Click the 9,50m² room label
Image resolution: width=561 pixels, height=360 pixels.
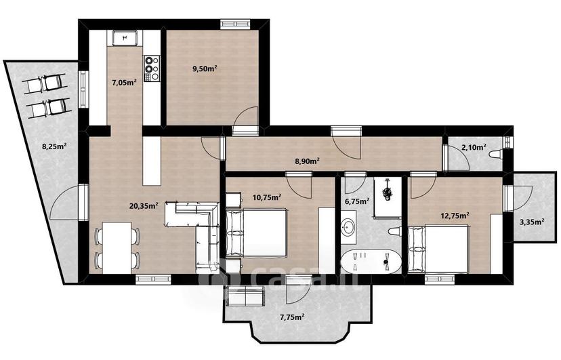205,69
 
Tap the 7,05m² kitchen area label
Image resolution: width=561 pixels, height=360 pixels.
124,83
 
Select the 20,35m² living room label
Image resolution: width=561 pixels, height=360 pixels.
144,205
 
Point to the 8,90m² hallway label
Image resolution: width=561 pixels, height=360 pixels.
307,161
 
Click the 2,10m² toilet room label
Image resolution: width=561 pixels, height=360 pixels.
474,146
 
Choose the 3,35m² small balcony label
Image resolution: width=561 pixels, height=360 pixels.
532,222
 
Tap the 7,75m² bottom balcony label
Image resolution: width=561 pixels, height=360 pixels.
292,317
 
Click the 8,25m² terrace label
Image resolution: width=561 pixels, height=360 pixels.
55,146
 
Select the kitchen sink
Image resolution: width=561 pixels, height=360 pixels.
125,37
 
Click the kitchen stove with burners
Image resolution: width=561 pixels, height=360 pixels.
152,68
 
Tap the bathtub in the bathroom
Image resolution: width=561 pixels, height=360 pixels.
371,261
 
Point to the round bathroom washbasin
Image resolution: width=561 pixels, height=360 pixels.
348,227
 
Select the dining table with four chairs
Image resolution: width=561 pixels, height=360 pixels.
117,247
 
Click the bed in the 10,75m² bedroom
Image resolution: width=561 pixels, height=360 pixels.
256,233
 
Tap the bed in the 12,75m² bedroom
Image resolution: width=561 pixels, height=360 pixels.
438,249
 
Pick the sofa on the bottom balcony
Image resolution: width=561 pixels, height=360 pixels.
246,297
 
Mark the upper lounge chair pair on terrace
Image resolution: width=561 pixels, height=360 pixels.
44,83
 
